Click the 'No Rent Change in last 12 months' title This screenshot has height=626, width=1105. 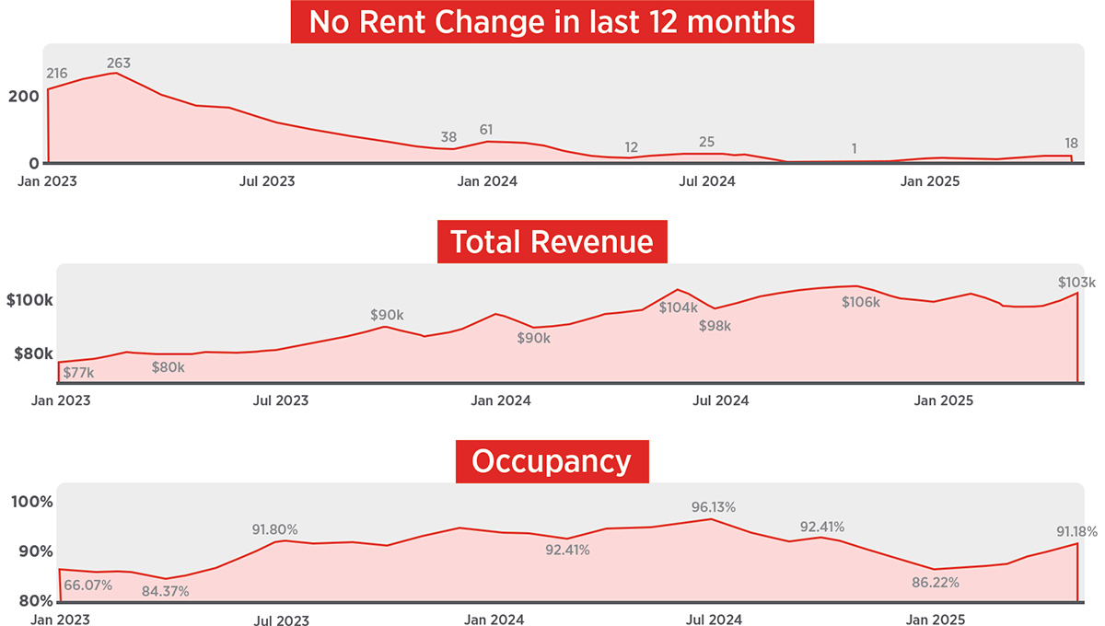[x=552, y=21]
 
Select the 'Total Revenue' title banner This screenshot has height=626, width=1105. [x=552, y=242]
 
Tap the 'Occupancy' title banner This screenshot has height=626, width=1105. [x=552, y=461]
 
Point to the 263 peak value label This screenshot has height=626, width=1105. [x=119, y=64]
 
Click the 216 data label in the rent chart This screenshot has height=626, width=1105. [x=57, y=73]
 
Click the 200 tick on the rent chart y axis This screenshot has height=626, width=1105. [x=25, y=96]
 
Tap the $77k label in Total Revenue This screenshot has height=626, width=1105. [x=78, y=373]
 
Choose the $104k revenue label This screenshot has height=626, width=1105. [x=678, y=307]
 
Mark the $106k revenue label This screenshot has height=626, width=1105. [x=861, y=302]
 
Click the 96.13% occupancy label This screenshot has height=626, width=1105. [x=715, y=507]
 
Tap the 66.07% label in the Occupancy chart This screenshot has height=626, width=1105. [x=87, y=585]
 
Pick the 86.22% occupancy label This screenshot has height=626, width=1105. [x=935, y=583]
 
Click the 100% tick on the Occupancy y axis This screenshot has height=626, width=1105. [x=31, y=503]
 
